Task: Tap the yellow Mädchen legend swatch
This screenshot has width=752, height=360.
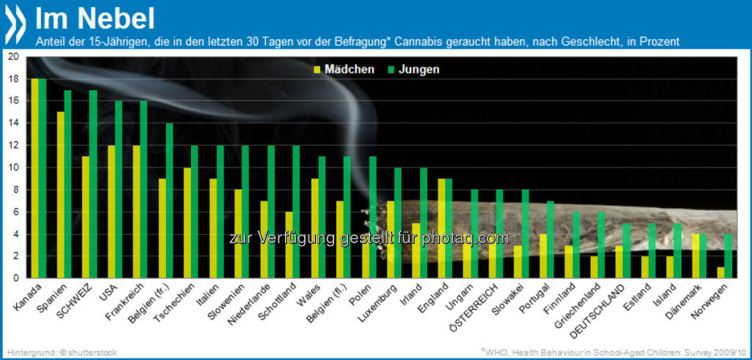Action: pyautogui.click(x=317, y=70)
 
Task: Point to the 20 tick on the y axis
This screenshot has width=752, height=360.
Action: pyautogui.click(x=14, y=57)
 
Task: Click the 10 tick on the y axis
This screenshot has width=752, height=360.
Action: pyautogui.click(x=14, y=168)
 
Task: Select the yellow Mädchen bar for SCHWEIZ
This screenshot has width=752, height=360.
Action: pyautogui.click(x=84, y=217)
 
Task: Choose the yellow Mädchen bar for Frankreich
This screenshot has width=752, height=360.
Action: pyautogui.click(x=135, y=212)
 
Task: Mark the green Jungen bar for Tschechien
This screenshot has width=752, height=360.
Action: pyautogui.click(x=195, y=212)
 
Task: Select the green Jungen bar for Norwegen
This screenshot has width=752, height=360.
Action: pyautogui.click(x=728, y=256)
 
